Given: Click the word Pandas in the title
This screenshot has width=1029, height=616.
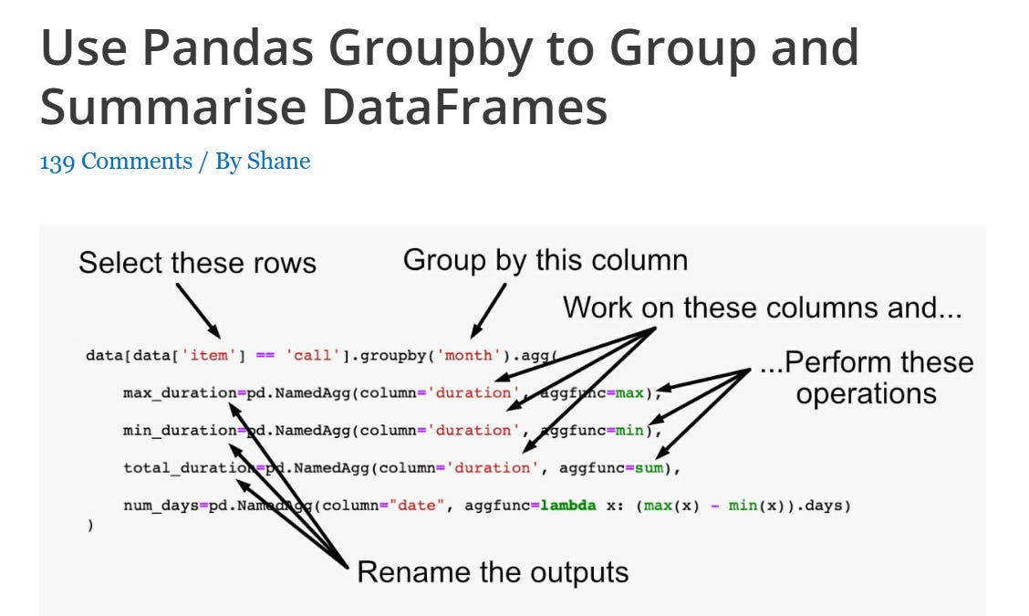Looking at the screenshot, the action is pos(228,47).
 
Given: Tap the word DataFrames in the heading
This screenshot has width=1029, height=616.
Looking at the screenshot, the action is pos(465,108).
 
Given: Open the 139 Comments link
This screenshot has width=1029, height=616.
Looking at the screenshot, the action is pos(116,161).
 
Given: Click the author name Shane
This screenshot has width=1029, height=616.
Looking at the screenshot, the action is pos(278,161).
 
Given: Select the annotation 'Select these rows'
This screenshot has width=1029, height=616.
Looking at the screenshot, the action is pos(198,263).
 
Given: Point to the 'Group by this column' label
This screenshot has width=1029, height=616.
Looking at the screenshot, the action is pos(546,261).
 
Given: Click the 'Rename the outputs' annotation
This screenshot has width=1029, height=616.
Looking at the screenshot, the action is pos(493,572).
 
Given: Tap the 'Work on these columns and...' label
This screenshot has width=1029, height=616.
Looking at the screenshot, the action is pos(762,308).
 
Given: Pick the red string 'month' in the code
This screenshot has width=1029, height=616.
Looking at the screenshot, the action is pos(468,355).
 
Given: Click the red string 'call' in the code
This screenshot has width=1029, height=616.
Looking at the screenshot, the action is pos(312,355).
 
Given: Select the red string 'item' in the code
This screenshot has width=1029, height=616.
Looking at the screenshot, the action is pos(209,355).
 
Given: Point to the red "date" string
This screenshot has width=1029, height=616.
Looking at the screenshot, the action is pos(417,505).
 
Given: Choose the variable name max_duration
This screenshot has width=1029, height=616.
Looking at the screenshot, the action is pos(180,392).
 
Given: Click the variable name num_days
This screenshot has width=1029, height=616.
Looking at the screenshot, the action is pos(161,506).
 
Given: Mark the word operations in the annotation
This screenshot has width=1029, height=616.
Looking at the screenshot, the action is pos(867,394).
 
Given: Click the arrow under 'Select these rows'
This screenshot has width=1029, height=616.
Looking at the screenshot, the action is pos(198,310).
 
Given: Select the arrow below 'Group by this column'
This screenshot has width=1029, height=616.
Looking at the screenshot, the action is pos(489,310).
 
